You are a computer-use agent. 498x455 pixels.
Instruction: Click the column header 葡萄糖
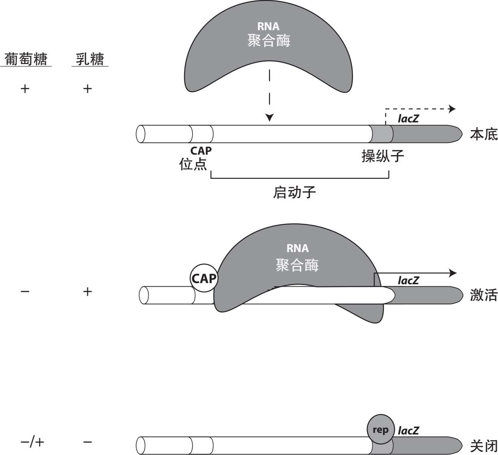(26, 59)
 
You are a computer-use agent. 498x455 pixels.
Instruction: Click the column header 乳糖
(90, 59)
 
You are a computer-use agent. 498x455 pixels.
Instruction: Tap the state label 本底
(483, 134)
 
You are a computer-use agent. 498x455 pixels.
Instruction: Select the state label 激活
(483, 295)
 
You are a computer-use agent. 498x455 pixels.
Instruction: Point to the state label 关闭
(483, 446)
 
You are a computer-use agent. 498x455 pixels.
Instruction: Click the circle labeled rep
(380, 430)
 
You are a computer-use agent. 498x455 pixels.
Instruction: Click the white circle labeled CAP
(204, 278)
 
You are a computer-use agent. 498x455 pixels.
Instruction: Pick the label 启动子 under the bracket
(294, 192)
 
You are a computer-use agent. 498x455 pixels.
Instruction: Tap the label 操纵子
(382, 156)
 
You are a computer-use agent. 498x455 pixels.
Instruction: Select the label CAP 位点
(195, 158)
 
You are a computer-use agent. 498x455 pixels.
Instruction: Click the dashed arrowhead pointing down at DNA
(270, 117)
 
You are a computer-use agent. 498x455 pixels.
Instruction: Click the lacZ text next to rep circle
(408, 430)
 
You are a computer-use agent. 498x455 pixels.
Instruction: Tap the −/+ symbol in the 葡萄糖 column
(32, 442)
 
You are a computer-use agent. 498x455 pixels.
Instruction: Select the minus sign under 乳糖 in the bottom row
(87, 442)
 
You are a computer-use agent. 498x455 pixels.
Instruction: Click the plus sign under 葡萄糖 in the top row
(25, 89)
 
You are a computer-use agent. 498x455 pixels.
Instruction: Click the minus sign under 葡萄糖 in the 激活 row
(25, 291)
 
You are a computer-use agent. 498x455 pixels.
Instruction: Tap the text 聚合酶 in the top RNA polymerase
(269, 41)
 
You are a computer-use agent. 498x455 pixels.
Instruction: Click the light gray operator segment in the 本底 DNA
(381, 134)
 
